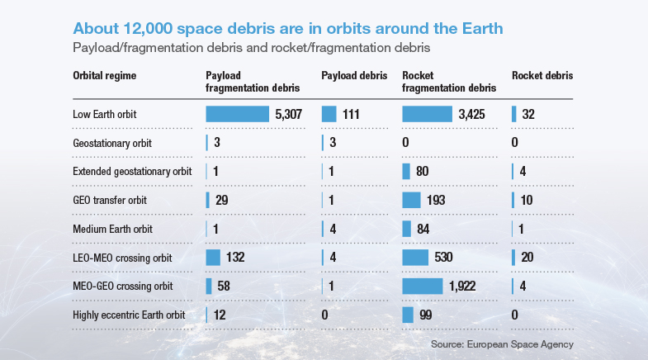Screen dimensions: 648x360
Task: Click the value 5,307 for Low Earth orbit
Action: click(x=288, y=114)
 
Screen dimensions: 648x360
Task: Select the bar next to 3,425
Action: click(x=428, y=114)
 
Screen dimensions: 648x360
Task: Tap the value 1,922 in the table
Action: click(x=462, y=286)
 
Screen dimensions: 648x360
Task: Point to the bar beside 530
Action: click(x=415, y=258)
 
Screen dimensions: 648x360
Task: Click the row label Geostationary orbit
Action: click(x=112, y=143)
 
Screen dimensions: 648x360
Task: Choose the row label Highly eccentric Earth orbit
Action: click(x=129, y=315)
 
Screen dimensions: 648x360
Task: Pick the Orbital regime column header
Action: click(x=105, y=76)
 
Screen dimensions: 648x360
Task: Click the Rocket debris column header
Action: click(x=542, y=76)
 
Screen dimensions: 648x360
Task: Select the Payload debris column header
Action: click(x=354, y=76)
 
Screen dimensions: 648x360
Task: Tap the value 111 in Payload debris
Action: click(x=351, y=114)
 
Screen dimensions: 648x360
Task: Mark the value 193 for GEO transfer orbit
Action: click(x=436, y=201)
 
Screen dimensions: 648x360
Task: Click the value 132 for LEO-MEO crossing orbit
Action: click(x=235, y=258)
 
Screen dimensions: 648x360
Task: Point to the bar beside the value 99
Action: click(x=408, y=315)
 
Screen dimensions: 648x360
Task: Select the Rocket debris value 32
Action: click(x=528, y=114)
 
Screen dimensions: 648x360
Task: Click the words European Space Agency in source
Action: click(x=520, y=344)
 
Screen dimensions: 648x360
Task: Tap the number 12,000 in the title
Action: click(x=148, y=29)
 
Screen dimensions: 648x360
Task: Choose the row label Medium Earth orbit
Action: click(x=112, y=229)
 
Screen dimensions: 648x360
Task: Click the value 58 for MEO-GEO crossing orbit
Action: click(x=224, y=286)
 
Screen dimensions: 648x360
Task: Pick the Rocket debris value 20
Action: click(x=527, y=258)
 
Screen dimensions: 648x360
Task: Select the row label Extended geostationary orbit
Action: click(x=132, y=172)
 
